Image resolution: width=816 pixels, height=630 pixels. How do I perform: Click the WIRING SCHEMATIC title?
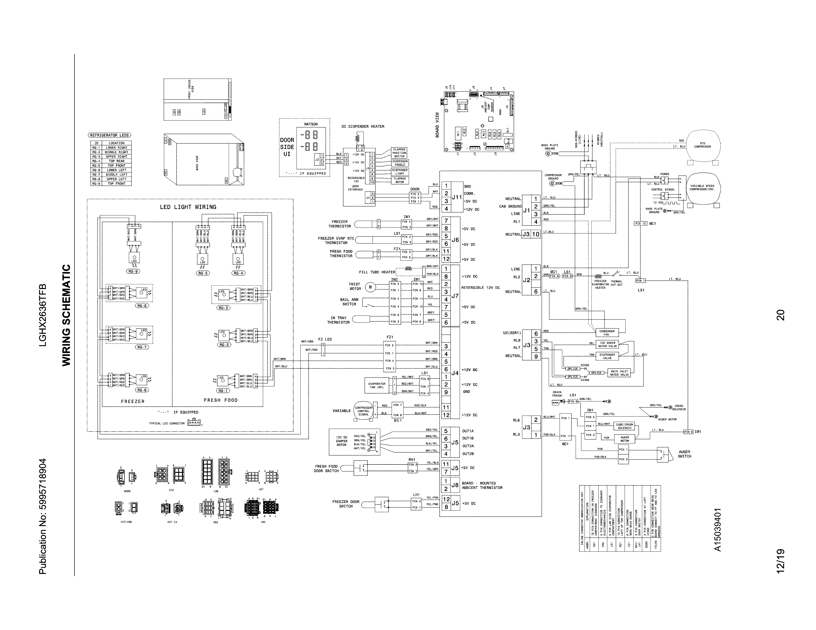(66, 315)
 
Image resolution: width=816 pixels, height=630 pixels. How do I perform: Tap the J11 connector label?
(456, 197)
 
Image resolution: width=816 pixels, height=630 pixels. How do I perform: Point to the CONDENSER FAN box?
(607, 333)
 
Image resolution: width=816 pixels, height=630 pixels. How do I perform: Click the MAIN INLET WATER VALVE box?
(619, 373)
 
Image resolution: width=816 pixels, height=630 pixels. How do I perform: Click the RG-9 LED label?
(133, 271)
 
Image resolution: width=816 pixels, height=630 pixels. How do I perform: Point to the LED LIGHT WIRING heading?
(188, 207)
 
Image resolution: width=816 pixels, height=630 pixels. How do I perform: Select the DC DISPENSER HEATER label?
(363, 126)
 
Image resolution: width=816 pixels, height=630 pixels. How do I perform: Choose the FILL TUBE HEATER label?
(377, 272)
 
